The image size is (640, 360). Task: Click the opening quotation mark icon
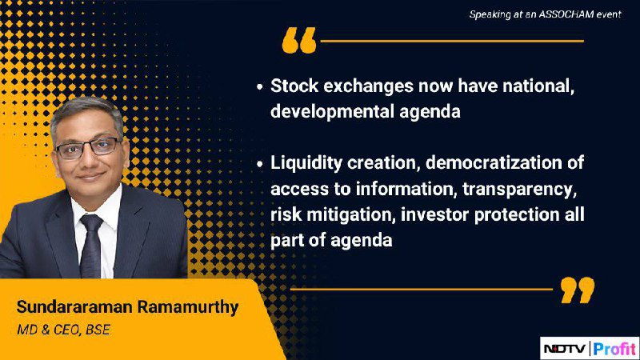[299, 40]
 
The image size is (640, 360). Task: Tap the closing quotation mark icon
[578, 290]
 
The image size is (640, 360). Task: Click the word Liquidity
[306, 163]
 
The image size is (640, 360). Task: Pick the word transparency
[519, 190]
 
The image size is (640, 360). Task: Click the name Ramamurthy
[188, 307]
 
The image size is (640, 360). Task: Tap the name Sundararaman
[74, 307]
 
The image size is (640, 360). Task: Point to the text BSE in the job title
[98, 330]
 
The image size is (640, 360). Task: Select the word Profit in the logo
[614, 349]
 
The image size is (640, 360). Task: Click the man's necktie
[90, 246]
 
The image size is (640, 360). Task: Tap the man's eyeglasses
[88, 148]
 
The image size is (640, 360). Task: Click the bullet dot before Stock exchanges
[259, 87]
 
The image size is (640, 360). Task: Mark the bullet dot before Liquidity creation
[259, 164]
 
